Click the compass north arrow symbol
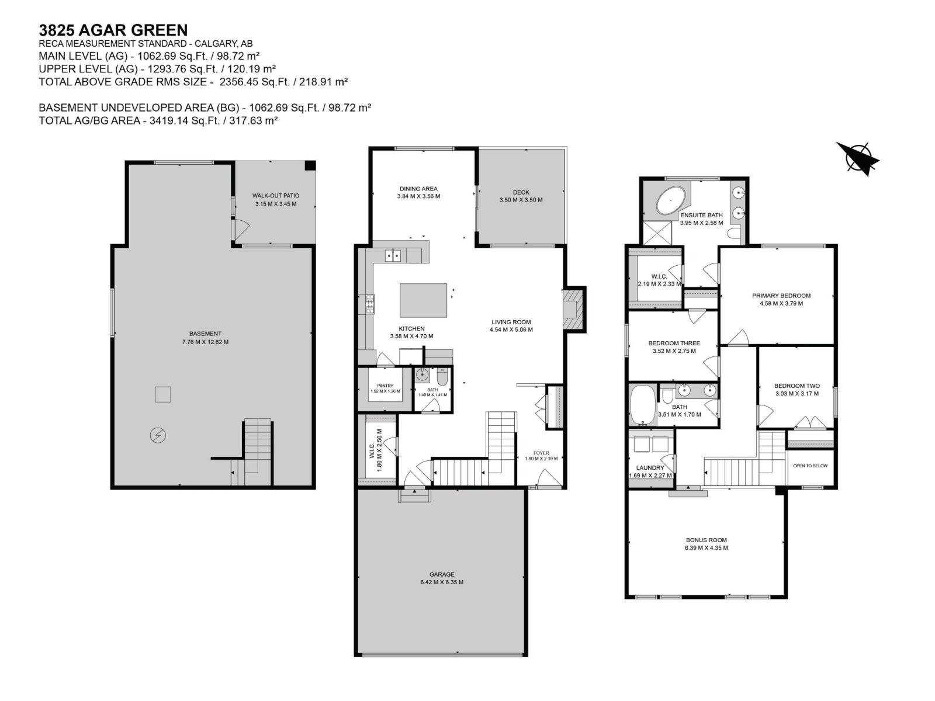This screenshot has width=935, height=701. coord(858,158)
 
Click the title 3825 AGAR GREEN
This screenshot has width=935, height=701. coord(113,30)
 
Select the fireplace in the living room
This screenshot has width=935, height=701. coord(573,310)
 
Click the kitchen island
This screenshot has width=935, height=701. coord(423,300)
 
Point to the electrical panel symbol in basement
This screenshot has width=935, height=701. coord(158,435)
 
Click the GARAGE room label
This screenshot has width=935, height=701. coord(441,574)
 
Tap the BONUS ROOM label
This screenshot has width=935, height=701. coord(706,540)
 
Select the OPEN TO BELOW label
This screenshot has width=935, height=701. coord(810,466)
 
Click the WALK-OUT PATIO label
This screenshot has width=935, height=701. coord(276,196)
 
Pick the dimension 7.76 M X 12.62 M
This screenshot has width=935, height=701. coord(205,342)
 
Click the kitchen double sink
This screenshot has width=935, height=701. coord(393,255)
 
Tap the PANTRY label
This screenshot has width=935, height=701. coord(385,386)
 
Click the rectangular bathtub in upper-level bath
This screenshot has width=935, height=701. coord(643,404)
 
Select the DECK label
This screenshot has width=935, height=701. coord(521,192)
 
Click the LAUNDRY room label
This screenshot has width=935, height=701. coord(650,468)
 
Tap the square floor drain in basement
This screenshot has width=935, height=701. coord(163,394)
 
